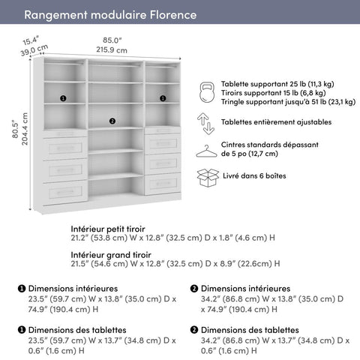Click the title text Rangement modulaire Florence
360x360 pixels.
(x=110, y=15)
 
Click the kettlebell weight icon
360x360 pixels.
(x=206, y=93)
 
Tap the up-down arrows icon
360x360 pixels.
(x=206, y=121)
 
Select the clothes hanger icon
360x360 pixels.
(x=206, y=150)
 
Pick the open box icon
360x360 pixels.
(x=206, y=177)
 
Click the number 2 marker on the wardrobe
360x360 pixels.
(x=112, y=121)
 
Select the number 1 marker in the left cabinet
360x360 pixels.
(x=63, y=97)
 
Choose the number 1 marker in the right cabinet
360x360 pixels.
(x=162, y=97)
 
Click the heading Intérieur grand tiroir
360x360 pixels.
(x=109, y=254)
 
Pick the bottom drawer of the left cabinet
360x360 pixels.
(x=64, y=191)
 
